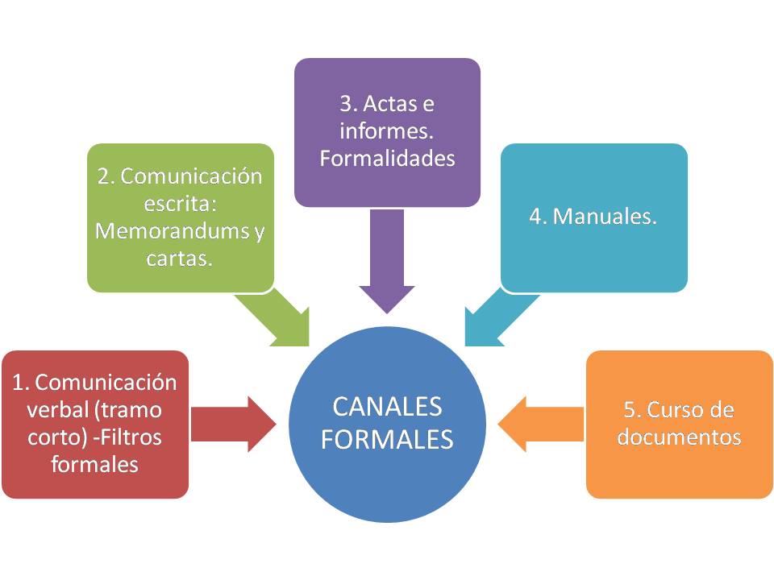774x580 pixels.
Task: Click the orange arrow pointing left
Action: [540, 424]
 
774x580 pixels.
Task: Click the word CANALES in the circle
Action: [387, 408]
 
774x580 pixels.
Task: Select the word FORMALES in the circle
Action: [387, 440]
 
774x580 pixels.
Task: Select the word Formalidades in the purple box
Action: [387, 159]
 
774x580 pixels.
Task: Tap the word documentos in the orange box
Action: [678, 437]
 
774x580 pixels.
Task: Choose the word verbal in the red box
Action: [57, 409]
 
